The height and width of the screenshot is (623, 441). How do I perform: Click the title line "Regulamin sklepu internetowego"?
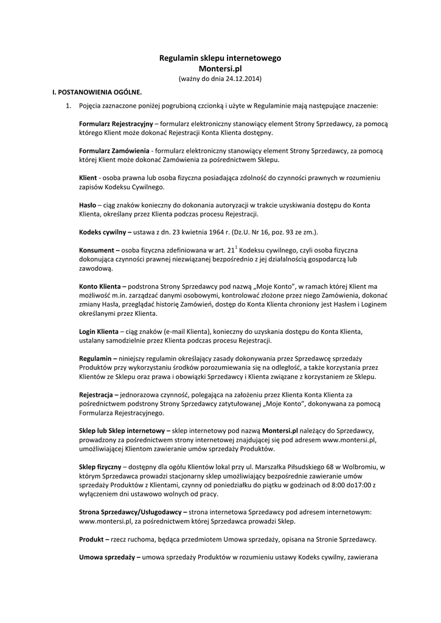220,58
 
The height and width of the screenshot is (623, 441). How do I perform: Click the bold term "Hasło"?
88,205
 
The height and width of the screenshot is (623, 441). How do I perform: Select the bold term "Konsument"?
97,250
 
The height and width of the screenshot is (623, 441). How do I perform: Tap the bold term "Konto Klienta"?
100,286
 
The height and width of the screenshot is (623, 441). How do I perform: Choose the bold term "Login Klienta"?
99,332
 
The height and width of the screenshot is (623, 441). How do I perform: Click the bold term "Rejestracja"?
98,395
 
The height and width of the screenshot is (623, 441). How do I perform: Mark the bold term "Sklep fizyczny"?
100,467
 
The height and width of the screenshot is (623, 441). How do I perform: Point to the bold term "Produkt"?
92,539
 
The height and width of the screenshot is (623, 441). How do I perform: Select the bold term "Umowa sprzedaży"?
106,557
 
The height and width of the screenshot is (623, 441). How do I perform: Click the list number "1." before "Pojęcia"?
69,105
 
